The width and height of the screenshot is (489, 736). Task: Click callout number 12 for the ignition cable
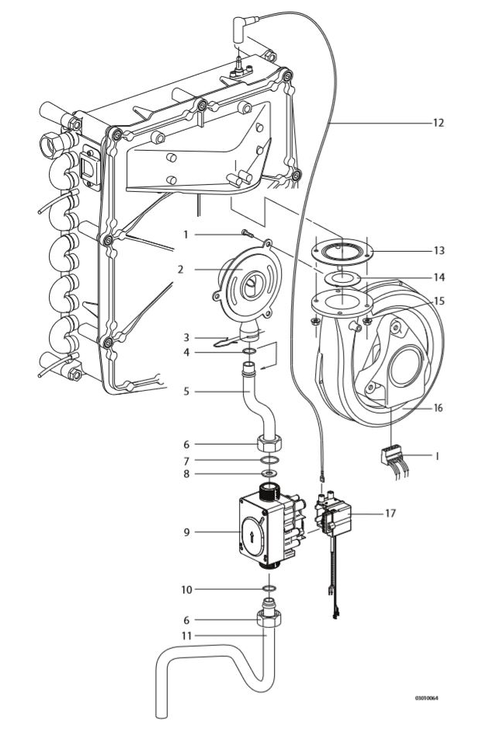pos(439,123)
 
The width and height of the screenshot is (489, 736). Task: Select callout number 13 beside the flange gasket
pos(439,251)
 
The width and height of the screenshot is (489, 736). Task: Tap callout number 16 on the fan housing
pos(439,407)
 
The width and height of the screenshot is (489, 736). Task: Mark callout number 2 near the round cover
pos(179,270)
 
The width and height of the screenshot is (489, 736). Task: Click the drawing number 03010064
pos(427,698)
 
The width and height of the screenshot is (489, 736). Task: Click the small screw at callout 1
pos(247,233)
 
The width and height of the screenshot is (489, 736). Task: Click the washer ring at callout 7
pos(267,460)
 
